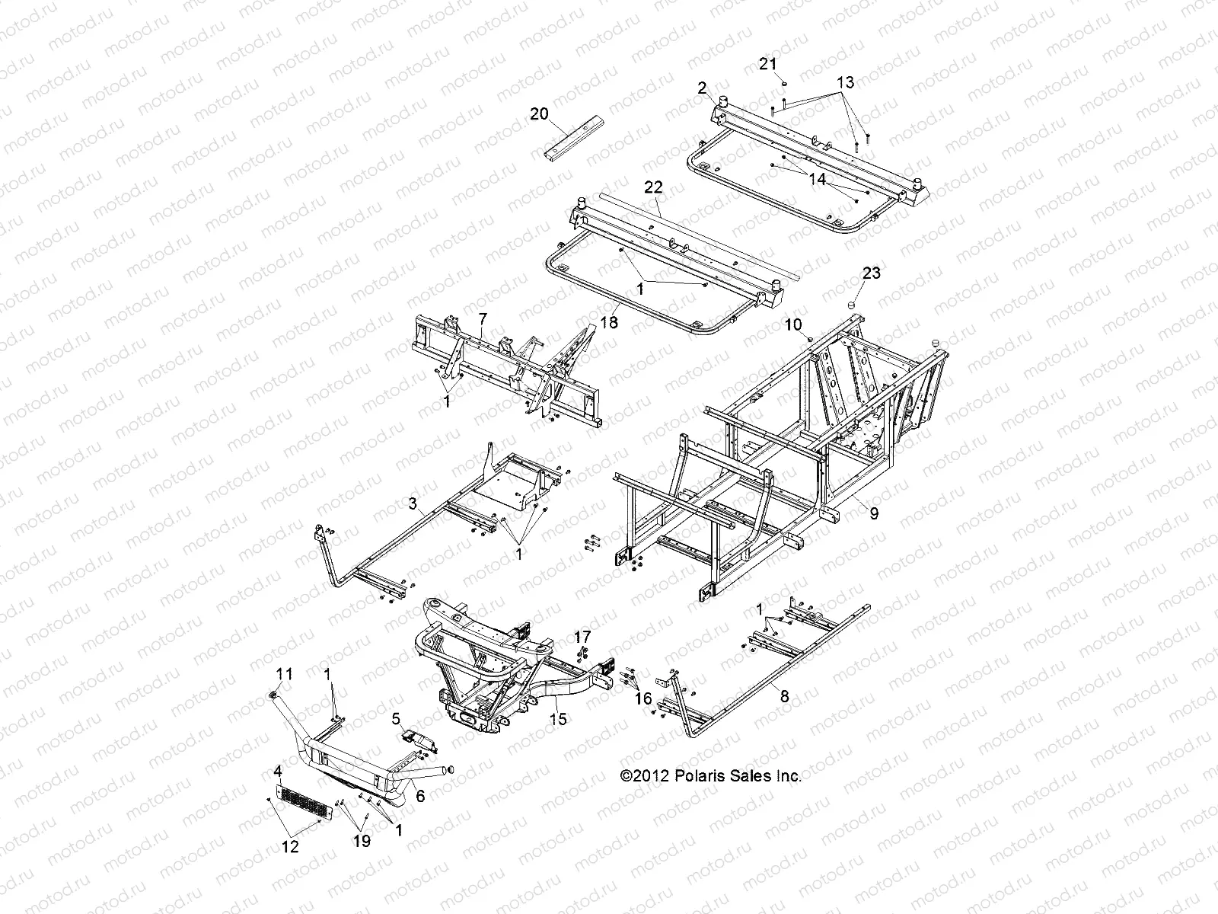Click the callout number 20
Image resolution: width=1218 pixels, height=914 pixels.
pos(539,113)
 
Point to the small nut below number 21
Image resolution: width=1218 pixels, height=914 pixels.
pos(784,83)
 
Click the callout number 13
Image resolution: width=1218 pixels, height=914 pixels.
pos(846,82)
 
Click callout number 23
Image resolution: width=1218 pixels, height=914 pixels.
pos(871,273)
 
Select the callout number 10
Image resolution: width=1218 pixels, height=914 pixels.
pos(793,324)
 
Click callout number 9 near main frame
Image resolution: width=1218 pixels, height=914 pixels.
pos(874,513)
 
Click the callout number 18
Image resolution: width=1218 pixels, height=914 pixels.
pos(608,322)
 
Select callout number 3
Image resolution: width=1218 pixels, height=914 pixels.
pos(413,503)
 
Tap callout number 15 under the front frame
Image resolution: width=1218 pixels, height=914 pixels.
pos(558,718)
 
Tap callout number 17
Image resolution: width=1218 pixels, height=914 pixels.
pos(582,636)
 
